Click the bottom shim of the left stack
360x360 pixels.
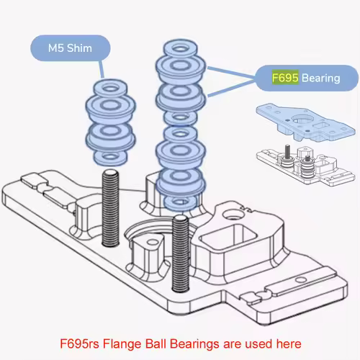pyautogui.click(x=109, y=156)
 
